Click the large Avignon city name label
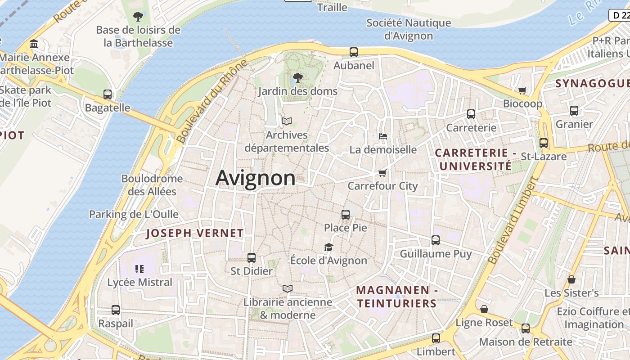pyautogui.click(x=255, y=178)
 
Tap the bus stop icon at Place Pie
pyautogui.click(x=346, y=215)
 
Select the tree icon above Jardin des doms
pyautogui.click(x=297, y=78)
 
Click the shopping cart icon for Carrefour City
pyautogui.click(x=382, y=173)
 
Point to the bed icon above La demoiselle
pyautogui.click(x=383, y=136)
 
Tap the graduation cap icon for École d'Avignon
pyautogui.click(x=328, y=247)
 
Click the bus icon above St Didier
pyautogui.click(x=252, y=258)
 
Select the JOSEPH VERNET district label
pyautogui.click(x=195, y=233)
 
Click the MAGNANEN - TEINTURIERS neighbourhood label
pyautogui.click(x=397, y=297)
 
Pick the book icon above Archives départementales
pyautogui.click(x=287, y=121)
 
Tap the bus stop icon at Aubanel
pyautogui.click(x=354, y=52)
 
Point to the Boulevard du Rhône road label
pyautogui.click(x=212, y=102)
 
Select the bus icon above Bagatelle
pyautogui.click(x=108, y=94)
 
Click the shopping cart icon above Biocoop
pyautogui.click(x=522, y=90)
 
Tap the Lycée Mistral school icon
pyautogui.click(x=139, y=269)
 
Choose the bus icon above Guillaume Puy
pyautogui.click(x=436, y=240)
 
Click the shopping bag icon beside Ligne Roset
pyautogui.click(x=484, y=309)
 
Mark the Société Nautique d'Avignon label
pyautogui.click(x=409, y=29)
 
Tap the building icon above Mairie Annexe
pyautogui.click(x=34, y=44)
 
